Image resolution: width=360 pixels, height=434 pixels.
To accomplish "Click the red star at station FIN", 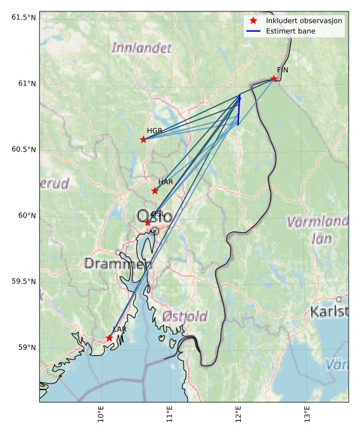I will click(x=274, y=79).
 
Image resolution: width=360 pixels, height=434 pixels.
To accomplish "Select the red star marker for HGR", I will click(x=143, y=139).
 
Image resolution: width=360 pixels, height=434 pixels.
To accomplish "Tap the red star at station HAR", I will click(x=155, y=191).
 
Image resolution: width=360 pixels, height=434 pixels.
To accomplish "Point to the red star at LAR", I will click(x=109, y=338).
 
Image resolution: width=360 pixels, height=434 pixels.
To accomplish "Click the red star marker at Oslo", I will click(x=148, y=223).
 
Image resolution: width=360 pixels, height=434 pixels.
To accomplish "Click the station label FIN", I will click(x=282, y=70).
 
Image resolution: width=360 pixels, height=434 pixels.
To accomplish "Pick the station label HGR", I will click(x=155, y=131).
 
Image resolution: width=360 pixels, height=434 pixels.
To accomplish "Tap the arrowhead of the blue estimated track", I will click(x=240, y=97).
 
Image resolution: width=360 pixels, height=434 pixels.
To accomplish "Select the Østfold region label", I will click(x=184, y=316).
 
